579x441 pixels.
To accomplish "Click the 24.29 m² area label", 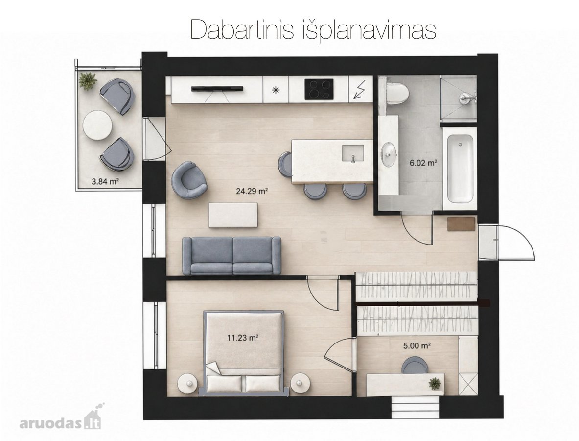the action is click(x=252, y=191).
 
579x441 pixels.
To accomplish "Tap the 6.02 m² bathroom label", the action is click(x=423, y=162).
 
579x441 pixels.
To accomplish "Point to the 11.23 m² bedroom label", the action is click(x=242, y=337).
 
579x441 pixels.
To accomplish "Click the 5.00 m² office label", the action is click(x=417, y=345).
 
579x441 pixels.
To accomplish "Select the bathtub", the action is click(x=460, y=168).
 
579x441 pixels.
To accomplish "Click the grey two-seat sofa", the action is click(x=232, y=256).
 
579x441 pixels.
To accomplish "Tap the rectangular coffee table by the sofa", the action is click(x=233, y=215).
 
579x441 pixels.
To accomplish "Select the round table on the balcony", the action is click(x=97, y=125).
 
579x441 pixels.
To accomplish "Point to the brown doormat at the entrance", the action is click(x=461, y=224).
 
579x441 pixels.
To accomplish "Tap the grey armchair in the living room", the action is click(x=189, y=180).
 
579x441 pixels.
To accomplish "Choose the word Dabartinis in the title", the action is click(x=242, y=29).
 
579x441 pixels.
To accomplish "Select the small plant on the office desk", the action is click(x=436, y=383).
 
